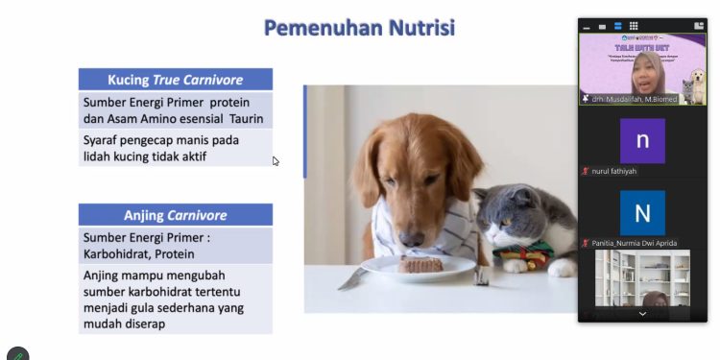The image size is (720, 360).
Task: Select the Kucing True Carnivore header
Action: click(x=175, y=80)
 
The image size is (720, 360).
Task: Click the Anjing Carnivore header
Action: click(x=175, y=215)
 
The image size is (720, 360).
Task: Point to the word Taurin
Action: click(x=246, y=120)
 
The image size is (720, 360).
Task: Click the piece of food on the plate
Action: click(x=423, y=263)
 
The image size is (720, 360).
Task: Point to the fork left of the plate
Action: click(x=352, y=277)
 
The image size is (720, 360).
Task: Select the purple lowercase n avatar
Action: click(x=642, y=140)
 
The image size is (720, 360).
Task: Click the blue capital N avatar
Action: click(x=642, y=212)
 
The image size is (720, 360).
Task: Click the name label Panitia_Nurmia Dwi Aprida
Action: click(x=634, y=243)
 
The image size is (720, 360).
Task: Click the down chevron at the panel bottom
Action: click(x=642, y=314)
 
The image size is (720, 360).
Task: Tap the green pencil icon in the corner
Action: click(x=17, y=354)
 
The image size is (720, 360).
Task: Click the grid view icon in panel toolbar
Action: click(x=634, y=26)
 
